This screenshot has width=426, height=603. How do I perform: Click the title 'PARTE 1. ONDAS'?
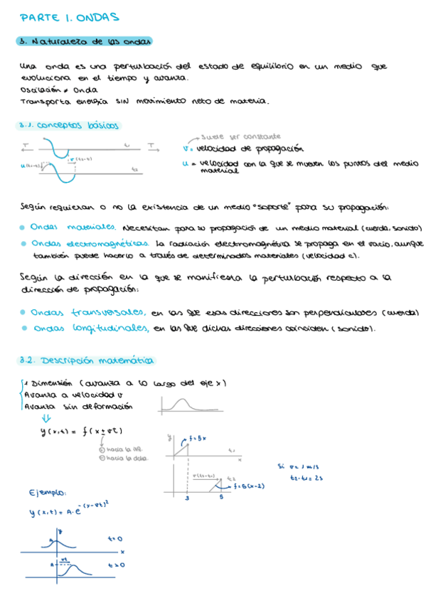[69, 16]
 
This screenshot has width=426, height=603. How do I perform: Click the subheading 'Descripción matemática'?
[90, 361]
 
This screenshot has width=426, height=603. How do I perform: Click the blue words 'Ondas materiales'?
[75, 228]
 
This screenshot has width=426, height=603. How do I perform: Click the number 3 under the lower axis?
[186, 498]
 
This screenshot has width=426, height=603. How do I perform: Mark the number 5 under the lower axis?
[220, 498]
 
